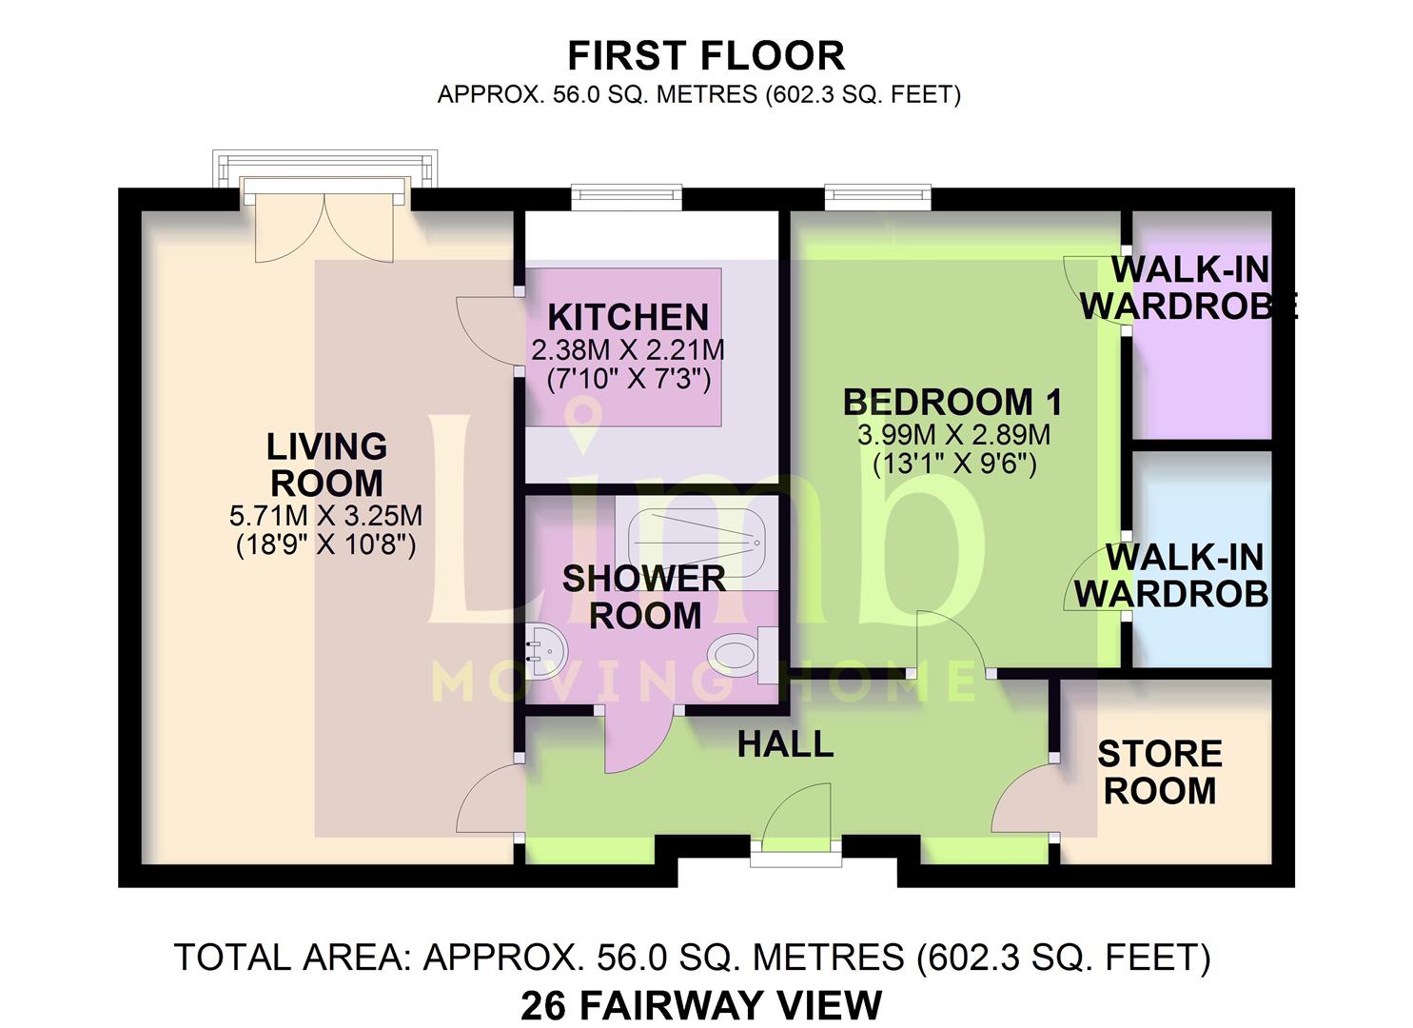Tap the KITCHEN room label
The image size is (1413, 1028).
click(x=628, y=317)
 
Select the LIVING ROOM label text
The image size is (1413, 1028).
click(x=326, y=465)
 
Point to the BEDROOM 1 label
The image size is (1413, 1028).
click(x=952, y=403)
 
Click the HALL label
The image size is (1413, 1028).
click(x=785, y=744)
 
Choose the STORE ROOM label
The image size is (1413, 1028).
click(x=1160, y=772)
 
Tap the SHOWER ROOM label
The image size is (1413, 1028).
click(x=644, y=597)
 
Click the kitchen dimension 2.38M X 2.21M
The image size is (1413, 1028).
click(x=628, y=350)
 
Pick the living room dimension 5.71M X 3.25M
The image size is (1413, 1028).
click(x=325, y=516)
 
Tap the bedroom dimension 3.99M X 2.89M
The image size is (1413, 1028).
click(x=953, y=435)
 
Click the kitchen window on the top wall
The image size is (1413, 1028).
click(x=627, y=197)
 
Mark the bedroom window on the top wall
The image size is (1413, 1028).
click(x=878, y=197)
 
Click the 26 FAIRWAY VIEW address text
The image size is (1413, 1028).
click(x=701, y=1006)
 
